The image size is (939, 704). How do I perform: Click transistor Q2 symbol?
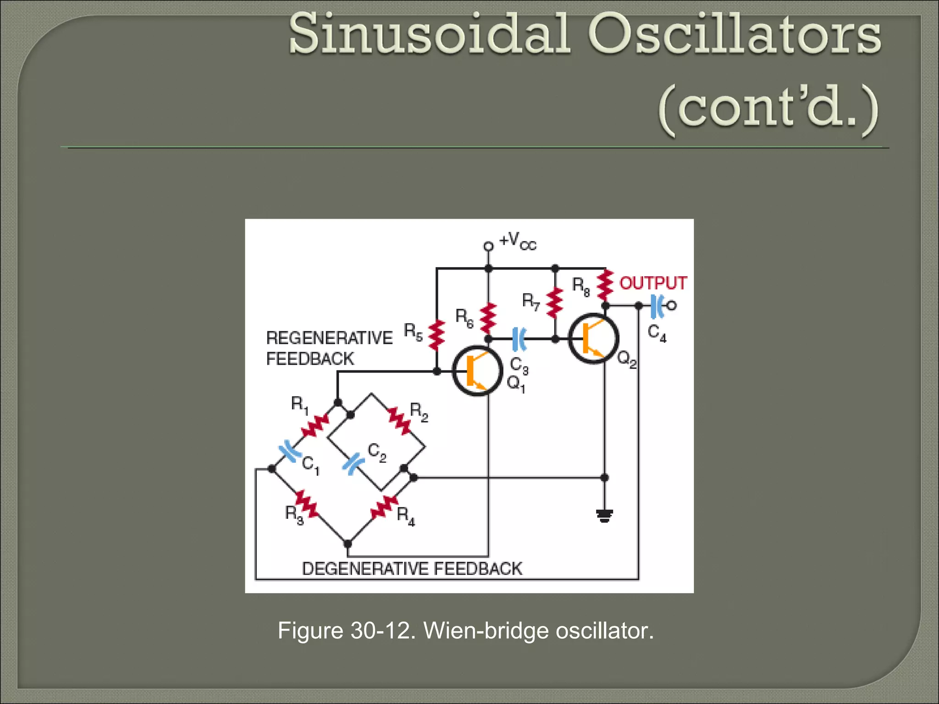[x=593, y=339]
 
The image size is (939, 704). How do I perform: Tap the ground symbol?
[x=604, y=516]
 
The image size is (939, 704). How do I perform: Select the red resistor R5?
[x=436, y=335]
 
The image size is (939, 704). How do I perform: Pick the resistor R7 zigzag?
[x=555, y=302]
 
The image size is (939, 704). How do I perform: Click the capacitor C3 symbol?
[x=519, y=339]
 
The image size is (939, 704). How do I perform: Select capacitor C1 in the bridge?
[x=290, y=452]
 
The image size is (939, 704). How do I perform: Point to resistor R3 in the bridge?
[x=307, y=503]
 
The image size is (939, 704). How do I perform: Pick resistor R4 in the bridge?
[x=384, y=507]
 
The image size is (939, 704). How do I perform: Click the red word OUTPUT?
[x=653, y=283]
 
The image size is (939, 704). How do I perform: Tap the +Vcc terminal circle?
[x=489, y=247]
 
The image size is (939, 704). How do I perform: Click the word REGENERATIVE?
[x=329, y=338]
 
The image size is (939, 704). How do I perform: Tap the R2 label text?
[x=419, y=411]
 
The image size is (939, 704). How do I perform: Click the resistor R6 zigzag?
[x=489, y=318]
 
